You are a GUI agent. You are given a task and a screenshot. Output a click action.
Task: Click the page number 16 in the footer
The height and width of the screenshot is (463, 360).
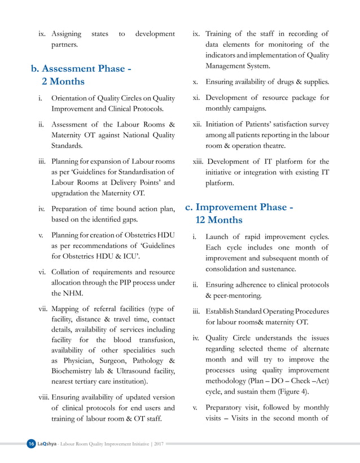click(x=31, y=444)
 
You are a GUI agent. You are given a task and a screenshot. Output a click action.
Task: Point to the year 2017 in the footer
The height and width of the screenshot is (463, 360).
click(x=159, y=444)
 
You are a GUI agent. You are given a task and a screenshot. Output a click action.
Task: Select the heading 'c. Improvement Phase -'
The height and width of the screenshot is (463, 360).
click(x=239, y=207)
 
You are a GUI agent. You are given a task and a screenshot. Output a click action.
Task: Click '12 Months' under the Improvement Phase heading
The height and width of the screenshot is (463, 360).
click(x=219, y=220)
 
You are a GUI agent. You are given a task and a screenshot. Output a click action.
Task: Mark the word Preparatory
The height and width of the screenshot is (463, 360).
click(x=229, y=407)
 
